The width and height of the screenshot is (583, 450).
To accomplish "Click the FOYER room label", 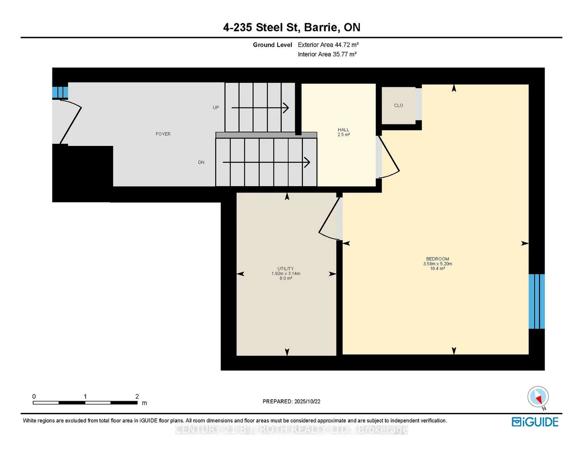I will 163,134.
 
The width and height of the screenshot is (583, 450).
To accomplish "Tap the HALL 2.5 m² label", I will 344,132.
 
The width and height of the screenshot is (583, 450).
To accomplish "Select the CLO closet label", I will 398,106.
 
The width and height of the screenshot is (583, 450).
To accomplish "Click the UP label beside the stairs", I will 216,107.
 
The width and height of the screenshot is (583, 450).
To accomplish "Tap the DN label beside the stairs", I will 201,163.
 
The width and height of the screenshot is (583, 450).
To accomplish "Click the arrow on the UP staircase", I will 260,108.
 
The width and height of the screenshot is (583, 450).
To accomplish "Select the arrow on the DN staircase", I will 266,162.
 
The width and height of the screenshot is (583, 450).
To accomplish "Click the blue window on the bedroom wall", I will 536,301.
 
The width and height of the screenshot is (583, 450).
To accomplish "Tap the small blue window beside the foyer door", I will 60,93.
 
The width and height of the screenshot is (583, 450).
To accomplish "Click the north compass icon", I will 538,397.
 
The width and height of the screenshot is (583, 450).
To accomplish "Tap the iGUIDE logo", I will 535,422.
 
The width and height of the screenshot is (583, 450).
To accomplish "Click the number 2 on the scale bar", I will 137,396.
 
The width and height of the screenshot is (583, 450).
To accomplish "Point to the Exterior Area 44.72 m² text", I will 328,45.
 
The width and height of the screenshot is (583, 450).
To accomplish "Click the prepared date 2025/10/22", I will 307,402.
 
